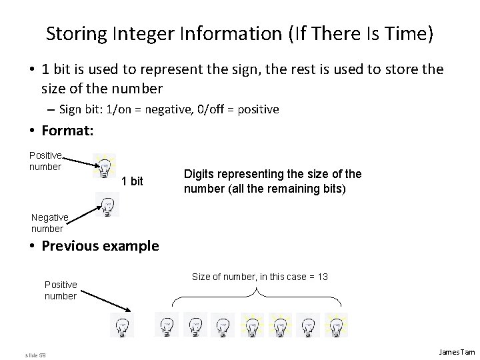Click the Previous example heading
pos(100,245)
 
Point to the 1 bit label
pos(133,181)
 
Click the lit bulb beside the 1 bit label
pos(105,167)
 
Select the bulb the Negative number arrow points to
pos(107,205)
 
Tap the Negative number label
pos(50,223)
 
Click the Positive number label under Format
pos(45,161)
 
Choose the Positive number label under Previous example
pos(61,290)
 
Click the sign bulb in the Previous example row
pos(122,325)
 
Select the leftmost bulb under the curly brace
pos(166,325)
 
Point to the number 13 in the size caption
pos(322,277)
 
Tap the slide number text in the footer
pos(34,353)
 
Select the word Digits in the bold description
pos(199,174)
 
